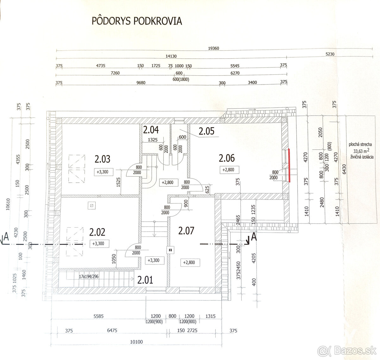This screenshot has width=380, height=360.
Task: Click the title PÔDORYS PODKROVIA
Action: (137, 21)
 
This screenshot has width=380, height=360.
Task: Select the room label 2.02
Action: (97, 232)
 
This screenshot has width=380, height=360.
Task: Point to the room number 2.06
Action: (227, 157)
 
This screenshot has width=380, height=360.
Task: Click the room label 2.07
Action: (186, 231)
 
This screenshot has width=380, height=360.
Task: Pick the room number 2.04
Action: (150, 130)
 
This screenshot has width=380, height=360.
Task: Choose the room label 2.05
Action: (206, 131)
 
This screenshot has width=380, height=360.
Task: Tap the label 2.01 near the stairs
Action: (145, 280)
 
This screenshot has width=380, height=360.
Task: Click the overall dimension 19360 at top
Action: (214, 48)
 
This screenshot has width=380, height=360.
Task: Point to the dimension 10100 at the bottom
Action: (136, 342)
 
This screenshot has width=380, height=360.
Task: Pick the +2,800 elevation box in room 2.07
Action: (189, 262)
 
